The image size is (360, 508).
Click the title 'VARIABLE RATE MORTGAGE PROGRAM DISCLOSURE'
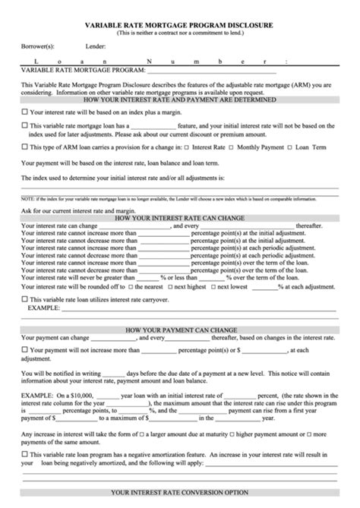coord(179,25)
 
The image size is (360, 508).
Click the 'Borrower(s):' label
coord(36,46)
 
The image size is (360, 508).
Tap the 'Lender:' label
coord(95,46)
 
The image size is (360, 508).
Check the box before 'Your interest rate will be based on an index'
coord(25,112)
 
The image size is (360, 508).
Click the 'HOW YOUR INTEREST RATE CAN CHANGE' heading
coord(179,218)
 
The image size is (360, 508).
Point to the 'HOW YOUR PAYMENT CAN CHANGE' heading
coord(179,330)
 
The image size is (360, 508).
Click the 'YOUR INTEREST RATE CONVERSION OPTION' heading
coord(179,492)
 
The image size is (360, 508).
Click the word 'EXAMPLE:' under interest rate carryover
coord(44,309)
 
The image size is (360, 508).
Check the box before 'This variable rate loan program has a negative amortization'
coord(25,454)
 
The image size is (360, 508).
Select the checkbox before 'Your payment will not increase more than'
coord(25,350)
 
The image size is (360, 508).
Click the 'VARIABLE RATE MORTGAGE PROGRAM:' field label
coord(71,68)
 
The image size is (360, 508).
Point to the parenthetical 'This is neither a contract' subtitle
coord(179,33)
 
